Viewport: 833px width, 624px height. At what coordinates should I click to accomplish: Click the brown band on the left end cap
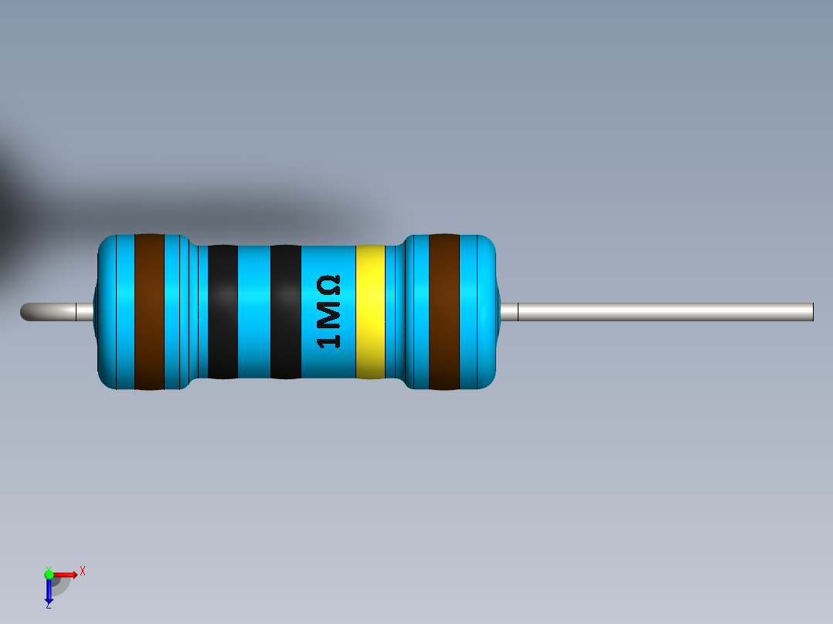149,311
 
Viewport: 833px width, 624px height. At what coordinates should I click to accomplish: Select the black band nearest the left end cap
223,311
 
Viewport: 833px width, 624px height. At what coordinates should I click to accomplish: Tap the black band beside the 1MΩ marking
285,311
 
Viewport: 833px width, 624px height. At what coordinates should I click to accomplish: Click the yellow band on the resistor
370,311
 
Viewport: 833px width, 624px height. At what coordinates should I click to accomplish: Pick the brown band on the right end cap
444,311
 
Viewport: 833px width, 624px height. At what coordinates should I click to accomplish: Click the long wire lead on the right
665,312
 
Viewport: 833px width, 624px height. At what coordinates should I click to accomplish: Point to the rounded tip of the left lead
25,312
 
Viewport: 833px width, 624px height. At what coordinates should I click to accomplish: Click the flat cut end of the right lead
811,312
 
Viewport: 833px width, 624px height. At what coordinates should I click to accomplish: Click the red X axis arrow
66,574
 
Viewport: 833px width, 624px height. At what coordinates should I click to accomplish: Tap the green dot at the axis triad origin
49,574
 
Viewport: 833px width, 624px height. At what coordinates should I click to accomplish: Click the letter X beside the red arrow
83,571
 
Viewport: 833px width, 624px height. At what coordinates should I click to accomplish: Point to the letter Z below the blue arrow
48,605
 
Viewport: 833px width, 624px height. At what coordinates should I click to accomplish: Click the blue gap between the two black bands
253,311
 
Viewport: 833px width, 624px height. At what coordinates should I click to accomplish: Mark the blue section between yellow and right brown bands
398,311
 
